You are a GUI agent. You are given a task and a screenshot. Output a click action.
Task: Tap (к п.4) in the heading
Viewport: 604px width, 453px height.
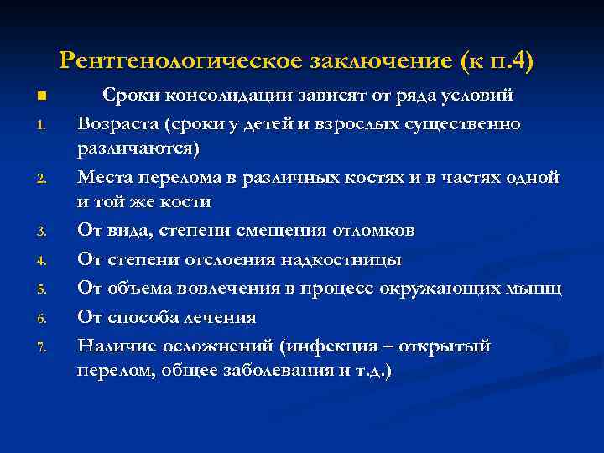(x=497, y=60)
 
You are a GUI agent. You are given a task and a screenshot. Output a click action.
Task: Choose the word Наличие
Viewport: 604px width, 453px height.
(x=117, y=346)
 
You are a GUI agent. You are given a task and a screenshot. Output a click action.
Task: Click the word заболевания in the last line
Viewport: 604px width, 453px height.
(x=273, y=370)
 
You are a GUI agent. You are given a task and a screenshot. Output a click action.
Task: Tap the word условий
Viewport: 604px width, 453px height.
(x=477, y=95)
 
